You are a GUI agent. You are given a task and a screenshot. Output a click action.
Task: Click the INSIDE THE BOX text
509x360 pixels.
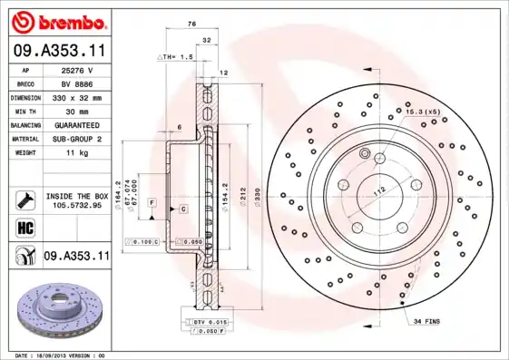click(x=76, y=196)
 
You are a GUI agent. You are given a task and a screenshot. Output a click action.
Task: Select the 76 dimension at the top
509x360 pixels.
click(x=192, y=24)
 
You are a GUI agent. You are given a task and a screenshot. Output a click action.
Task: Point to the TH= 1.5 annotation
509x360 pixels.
click(x=178, y=56)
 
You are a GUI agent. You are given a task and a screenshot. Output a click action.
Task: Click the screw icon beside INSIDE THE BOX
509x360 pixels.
click(x=24, y=199)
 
